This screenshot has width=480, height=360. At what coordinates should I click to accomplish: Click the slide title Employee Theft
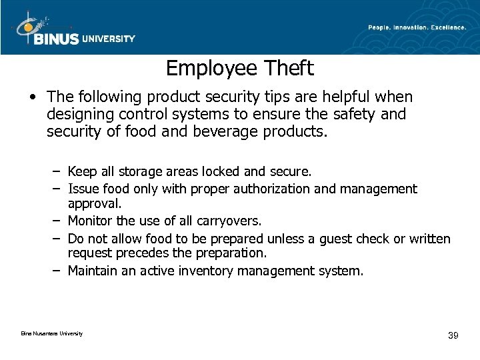(x=240, y=68)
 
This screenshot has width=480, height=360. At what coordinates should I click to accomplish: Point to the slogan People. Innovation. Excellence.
(x=417, y=27)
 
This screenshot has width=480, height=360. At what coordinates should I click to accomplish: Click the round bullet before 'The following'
(x=33, y=98)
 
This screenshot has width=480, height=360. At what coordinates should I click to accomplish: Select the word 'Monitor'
(x=91, y=221)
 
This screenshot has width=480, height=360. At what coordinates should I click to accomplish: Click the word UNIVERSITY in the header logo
(x=108, y=39)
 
